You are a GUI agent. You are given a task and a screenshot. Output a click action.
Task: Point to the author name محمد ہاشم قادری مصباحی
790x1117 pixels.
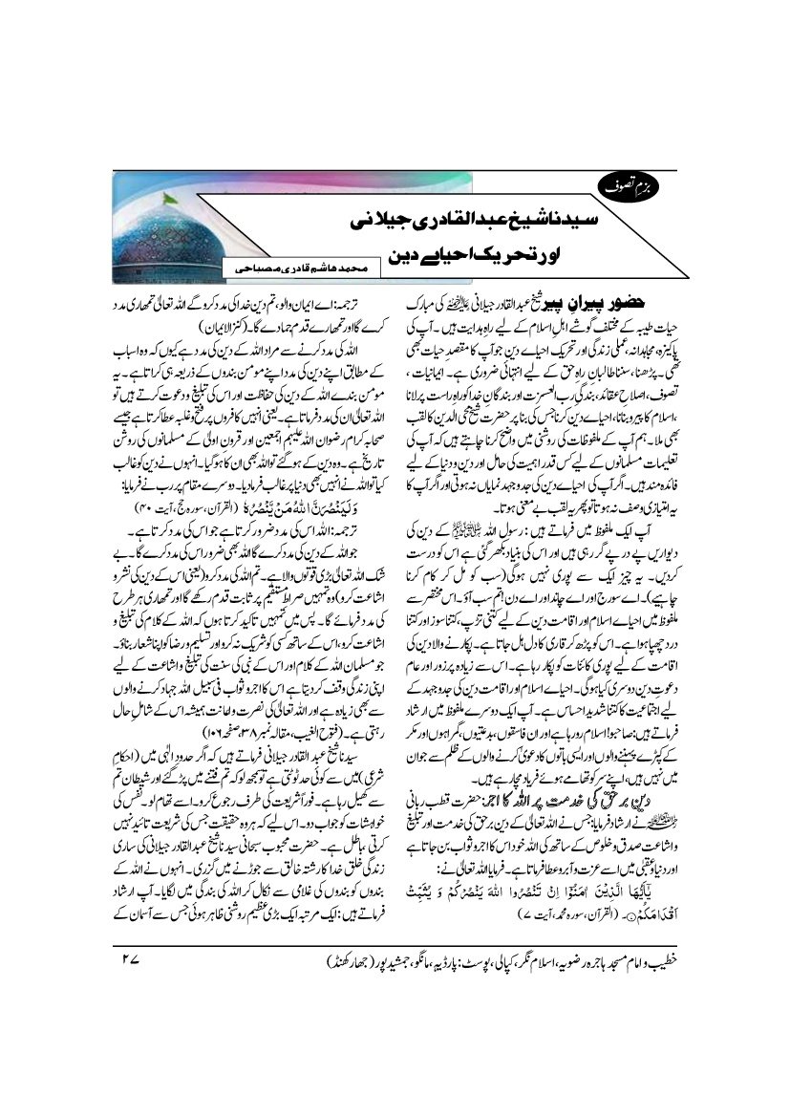click(x=299, y=272)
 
